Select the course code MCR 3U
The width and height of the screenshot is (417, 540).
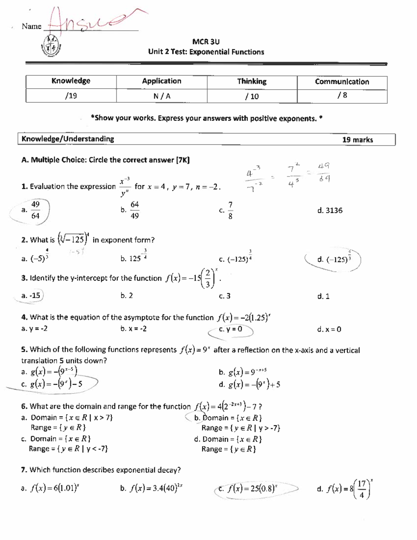click(206, 42)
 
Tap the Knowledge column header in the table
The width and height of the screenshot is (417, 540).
click(71, 81)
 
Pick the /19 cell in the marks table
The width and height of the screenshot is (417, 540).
click(71, 96)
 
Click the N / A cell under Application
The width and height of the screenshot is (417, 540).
click(162, 96)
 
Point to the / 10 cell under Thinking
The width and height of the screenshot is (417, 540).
click(252, 96)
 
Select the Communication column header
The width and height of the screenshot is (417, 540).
click(342, 82)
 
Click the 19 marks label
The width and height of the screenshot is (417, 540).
click(357, 140)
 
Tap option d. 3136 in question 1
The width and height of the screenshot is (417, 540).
click(330, 210)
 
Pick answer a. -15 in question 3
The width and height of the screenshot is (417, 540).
click(31, 296)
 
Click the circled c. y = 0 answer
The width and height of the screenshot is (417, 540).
click(231, 329)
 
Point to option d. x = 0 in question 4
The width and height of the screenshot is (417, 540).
click(329, 329)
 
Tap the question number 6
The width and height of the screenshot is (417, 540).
click(24, 406)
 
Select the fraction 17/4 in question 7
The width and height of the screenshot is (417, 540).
click(362, 489)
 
